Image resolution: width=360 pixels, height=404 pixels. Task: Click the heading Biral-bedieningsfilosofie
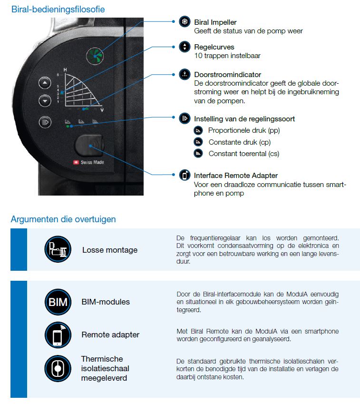(x=58, y=9)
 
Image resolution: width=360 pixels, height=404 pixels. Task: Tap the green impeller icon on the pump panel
(x=95, y=56)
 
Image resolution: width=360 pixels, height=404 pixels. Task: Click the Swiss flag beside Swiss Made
(x=76, y=162)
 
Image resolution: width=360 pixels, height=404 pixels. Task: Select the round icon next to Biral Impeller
(x=185, y=22)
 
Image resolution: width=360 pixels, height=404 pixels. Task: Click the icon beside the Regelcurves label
(x=185, y=47)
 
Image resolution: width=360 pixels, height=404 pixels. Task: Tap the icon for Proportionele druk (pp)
(x=198, y=130)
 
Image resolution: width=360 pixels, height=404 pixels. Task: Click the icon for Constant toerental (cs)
(x=198, y=153)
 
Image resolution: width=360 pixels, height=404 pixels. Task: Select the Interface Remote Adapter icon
(x=185, y=175)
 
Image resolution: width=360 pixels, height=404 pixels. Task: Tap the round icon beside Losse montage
(x=58, y=249)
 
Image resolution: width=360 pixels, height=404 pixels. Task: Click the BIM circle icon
(x=58, y=302)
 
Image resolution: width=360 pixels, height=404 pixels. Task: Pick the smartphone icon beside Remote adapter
(x=58, y=335)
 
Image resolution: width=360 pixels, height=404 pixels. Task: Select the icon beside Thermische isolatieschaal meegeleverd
(x=58, y=368)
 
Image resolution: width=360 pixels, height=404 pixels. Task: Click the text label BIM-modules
(x=106, y=302)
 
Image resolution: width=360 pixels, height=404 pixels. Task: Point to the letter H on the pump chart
(x=65, y=70)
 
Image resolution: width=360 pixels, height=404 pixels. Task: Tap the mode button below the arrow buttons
(x=45, y=121)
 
